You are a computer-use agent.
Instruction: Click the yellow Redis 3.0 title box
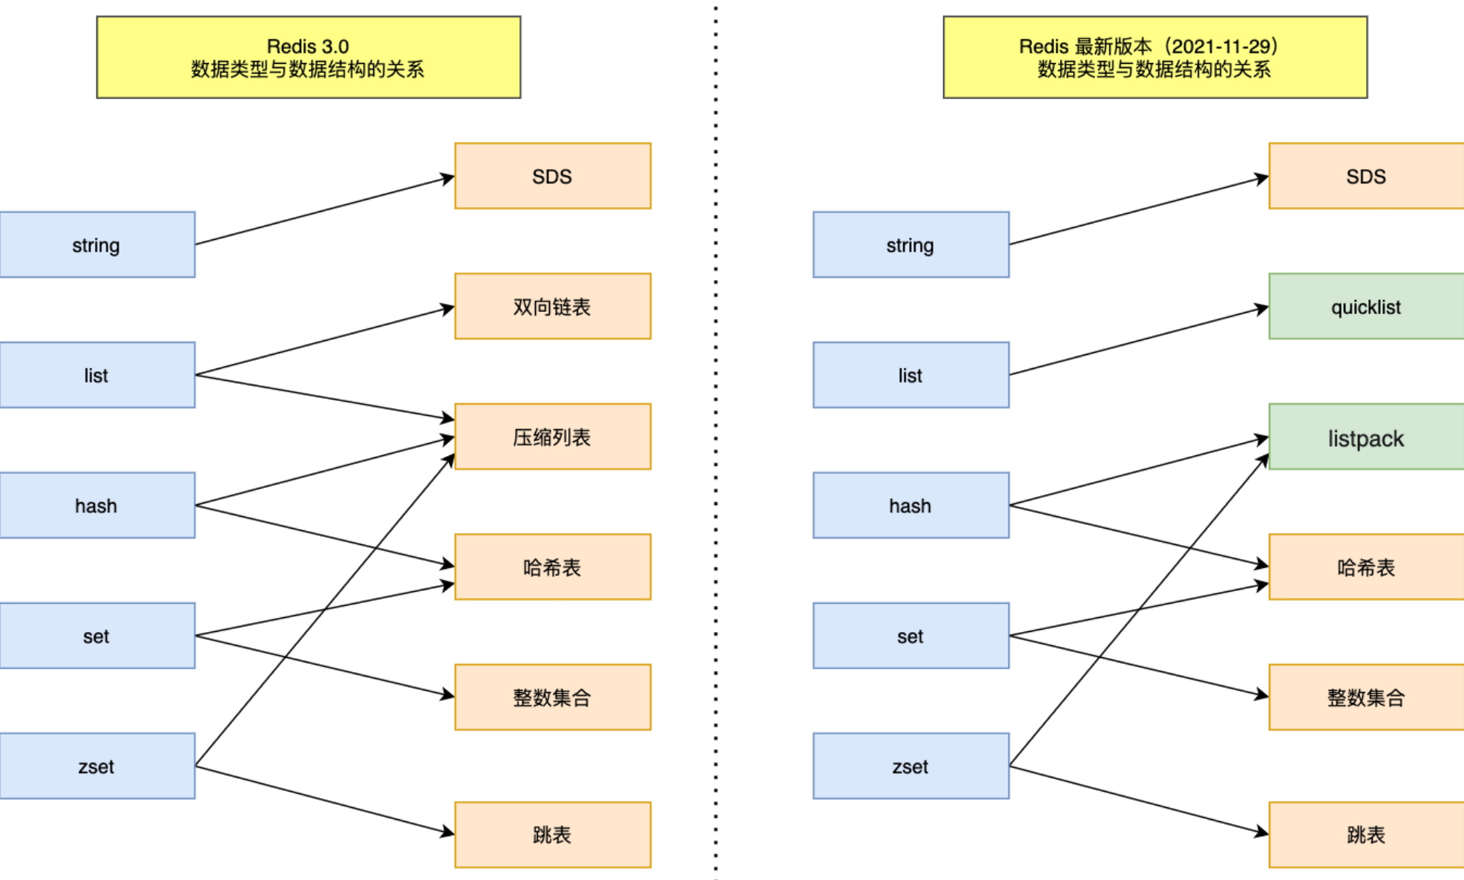click(309, 57)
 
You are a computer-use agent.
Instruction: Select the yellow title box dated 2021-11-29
click(1155, 57)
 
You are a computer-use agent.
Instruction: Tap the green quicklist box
click(1366, 306)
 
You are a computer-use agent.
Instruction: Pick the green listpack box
click(1366, 437)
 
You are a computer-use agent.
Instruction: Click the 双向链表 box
click(553, 306)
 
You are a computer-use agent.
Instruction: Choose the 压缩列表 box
click(553, 437)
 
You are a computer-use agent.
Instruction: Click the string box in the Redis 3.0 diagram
click(97, 244)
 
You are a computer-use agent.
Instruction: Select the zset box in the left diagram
click(97, 766)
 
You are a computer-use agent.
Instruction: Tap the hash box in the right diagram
click(911, 505)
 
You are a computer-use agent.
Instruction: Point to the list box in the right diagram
click(911, 375)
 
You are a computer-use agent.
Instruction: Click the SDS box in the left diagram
click(553, 176)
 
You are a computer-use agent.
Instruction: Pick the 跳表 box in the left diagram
click(553, 835)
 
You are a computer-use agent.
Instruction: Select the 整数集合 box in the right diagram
click(1366, 697)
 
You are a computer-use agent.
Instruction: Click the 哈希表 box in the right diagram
click(1366, 567)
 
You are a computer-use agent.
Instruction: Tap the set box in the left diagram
click(97, 636)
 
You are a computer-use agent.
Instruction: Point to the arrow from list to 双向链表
click(325, 341)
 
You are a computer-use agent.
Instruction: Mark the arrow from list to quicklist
click(1139, 341)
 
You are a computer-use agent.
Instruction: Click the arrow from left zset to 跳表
click(325, 800)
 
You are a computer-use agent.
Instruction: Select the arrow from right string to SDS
click(1139, 210)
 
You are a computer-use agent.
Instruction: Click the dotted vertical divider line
click(715, 440)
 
